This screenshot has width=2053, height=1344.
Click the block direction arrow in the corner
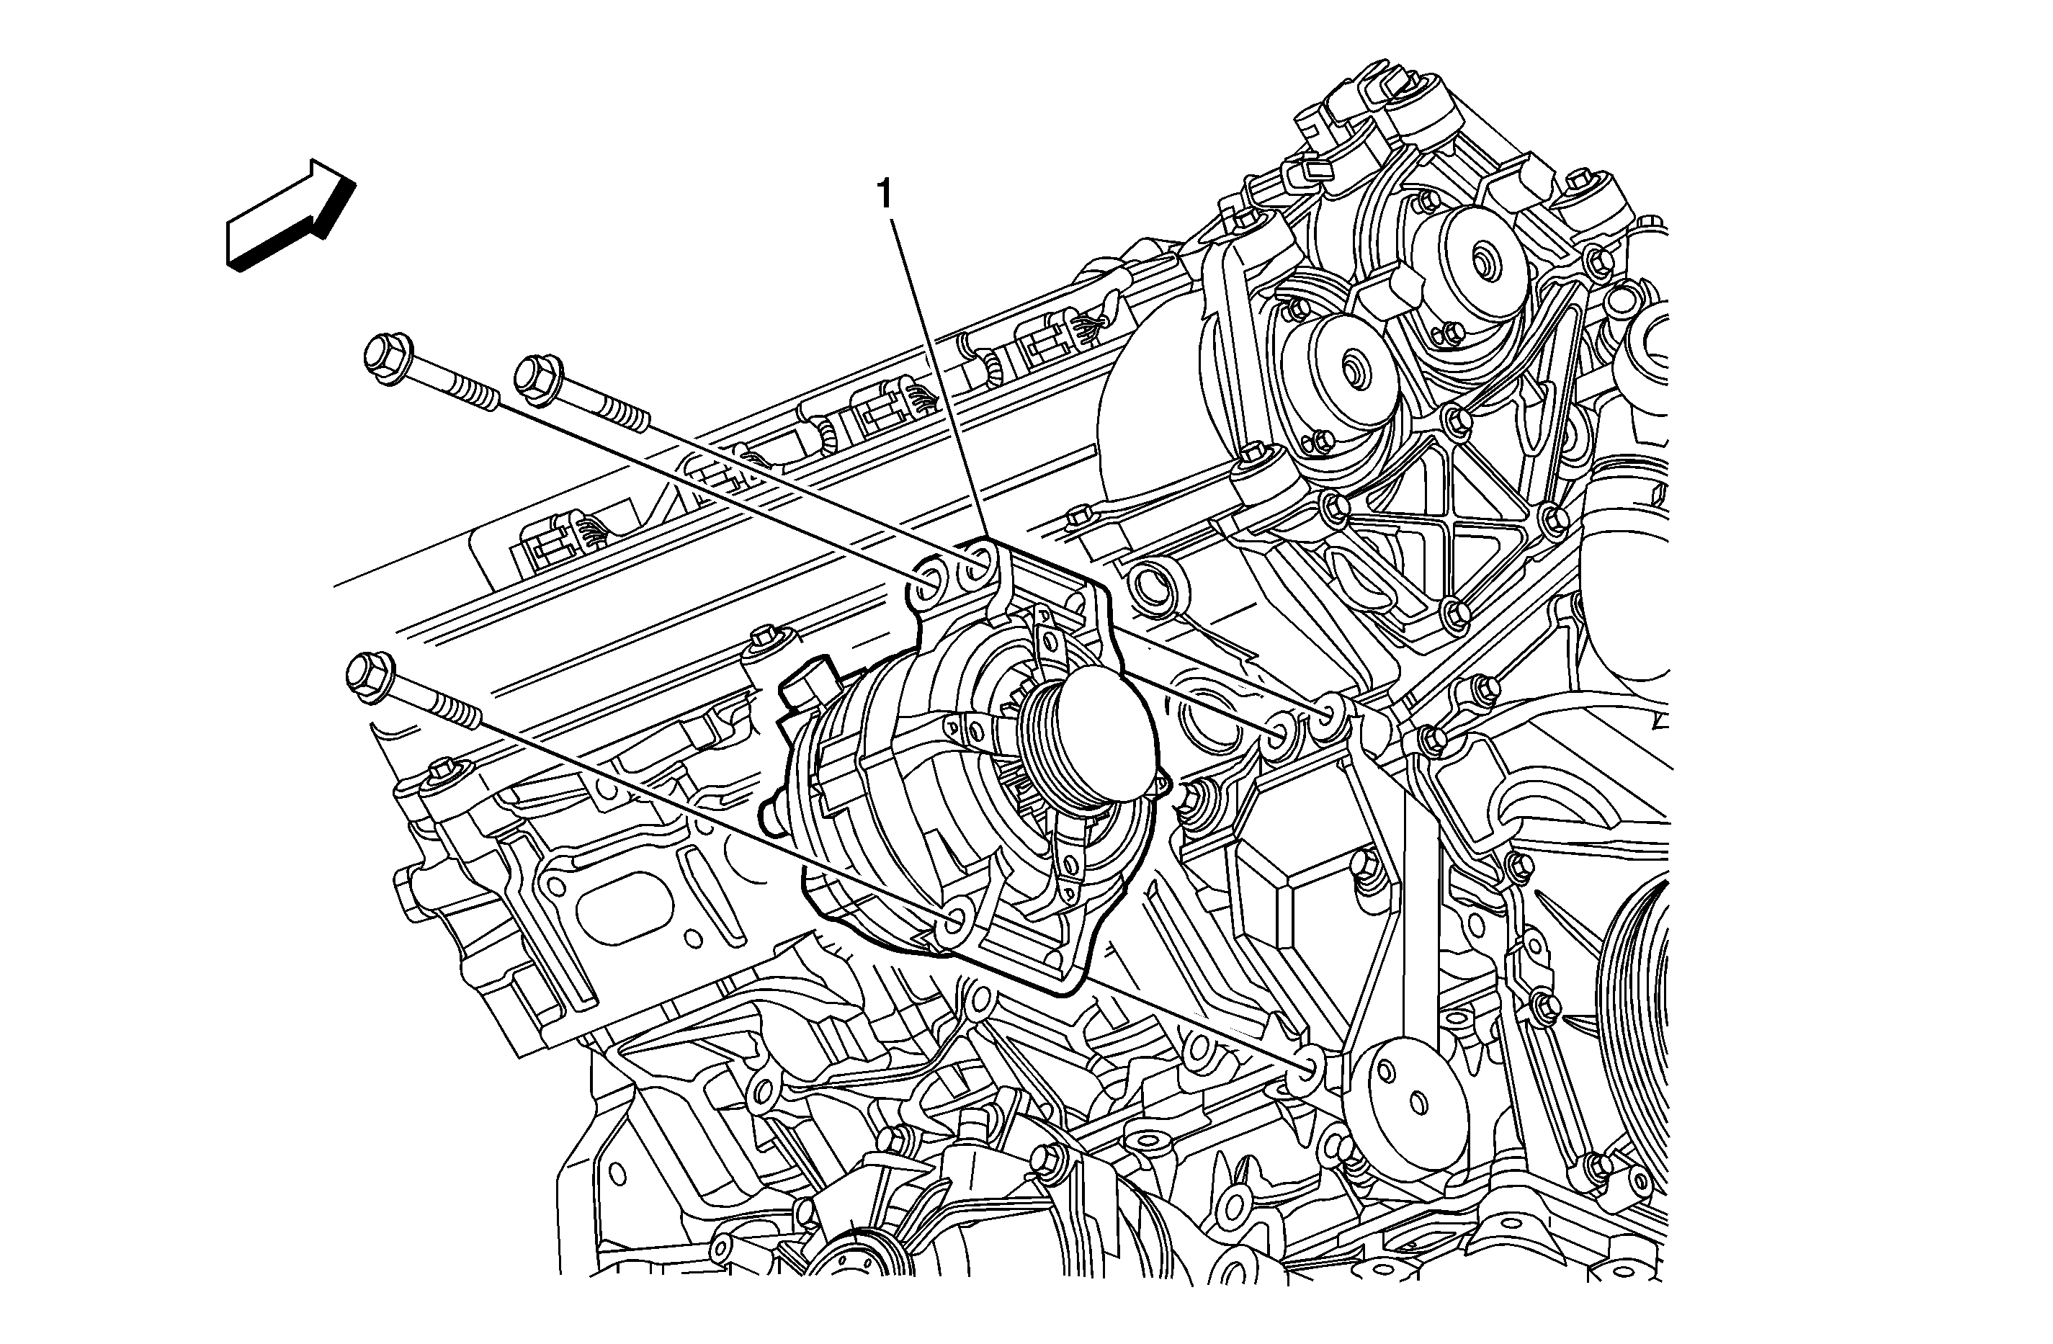tap(292, 215)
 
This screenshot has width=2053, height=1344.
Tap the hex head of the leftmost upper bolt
tap(385, 359)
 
